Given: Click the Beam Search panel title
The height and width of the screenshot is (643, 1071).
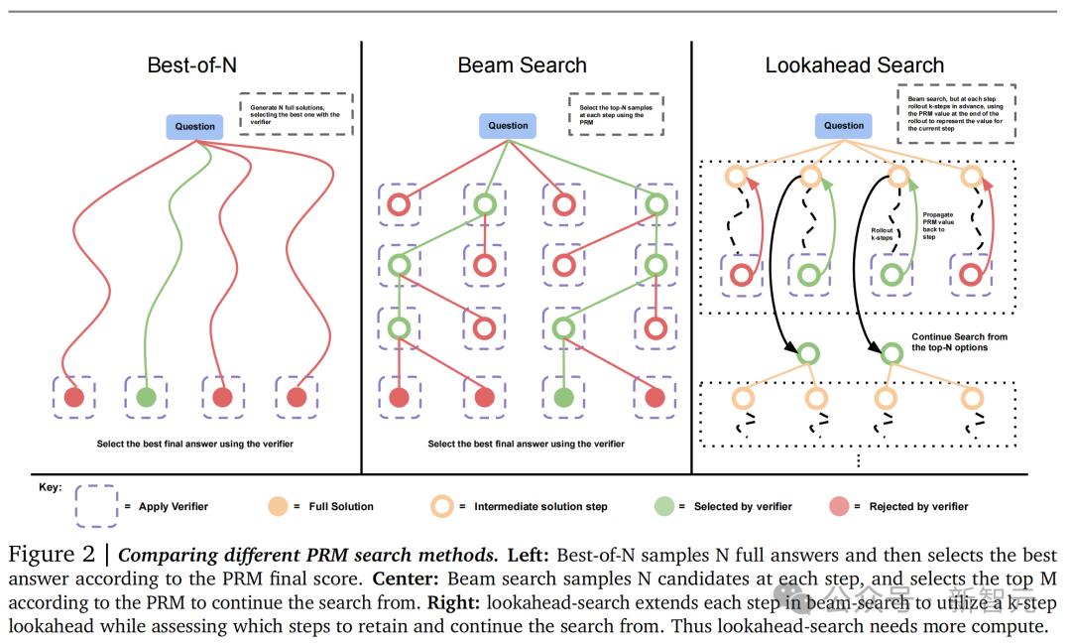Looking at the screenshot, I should pos(522,65).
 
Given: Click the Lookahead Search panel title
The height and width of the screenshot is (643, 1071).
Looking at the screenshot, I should pos(854,65).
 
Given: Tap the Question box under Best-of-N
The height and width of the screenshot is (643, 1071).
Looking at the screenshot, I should pos(195,126).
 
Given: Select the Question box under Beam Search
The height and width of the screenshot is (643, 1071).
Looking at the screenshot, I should pos(509,126).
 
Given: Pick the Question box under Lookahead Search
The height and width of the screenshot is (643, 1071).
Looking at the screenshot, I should pos(844,126).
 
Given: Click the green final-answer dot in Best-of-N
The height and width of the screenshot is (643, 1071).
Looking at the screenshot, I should pos(146,397).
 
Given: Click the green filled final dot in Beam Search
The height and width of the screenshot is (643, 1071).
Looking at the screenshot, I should pos(563,397).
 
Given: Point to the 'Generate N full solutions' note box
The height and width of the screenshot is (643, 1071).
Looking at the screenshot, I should pos(296,114).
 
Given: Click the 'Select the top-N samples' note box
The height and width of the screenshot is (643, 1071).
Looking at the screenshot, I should pos(616,114).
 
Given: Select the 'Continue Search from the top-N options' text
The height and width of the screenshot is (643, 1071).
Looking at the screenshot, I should pos(959,342).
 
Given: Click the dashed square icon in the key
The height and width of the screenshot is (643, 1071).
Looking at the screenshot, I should pos(96,506).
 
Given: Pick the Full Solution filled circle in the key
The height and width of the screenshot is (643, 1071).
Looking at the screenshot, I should pos(279,506).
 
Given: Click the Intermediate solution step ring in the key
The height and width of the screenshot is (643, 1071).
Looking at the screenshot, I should pos(442,506).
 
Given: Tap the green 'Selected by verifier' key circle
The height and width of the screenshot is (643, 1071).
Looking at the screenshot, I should pos(662,506).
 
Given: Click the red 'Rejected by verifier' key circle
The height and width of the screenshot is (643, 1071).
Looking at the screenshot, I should pos(838,506).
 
